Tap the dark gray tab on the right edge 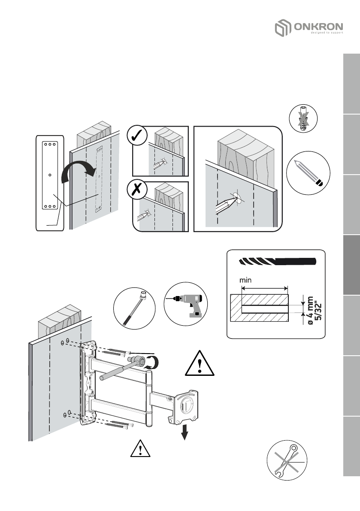point(351,266)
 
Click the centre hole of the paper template point(50,175)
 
